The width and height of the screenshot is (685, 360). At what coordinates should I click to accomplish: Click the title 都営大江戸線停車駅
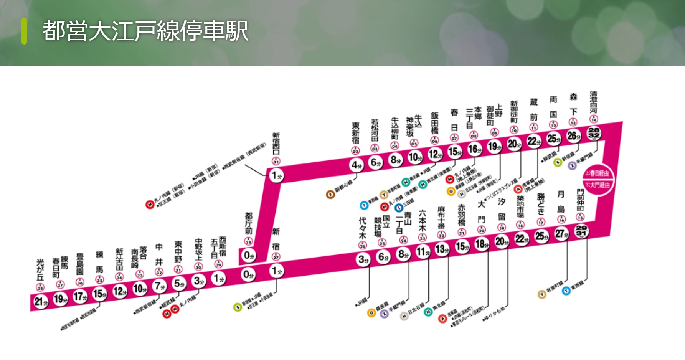(x=145, y=31)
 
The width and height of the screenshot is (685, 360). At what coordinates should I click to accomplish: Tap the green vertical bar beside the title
(x=24, y=31)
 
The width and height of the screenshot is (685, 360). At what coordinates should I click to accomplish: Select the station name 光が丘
(x=40, y=269)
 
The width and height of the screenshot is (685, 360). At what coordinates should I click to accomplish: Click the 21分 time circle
(x=41, y=302)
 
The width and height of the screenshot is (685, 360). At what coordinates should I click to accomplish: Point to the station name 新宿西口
(x=276, y=144)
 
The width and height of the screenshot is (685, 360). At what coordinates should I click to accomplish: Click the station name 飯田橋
(x=434, y=123)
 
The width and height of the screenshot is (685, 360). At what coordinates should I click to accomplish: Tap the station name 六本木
(x=422, y=220)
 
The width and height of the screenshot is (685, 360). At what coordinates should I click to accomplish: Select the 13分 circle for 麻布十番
(x=442, y=249)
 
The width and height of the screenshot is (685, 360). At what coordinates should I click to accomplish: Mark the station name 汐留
(x=502, y=209)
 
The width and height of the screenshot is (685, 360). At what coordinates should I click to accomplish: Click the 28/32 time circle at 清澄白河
(x=594, y=133)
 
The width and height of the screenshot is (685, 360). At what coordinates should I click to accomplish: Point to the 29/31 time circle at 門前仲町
(x=581, y=231)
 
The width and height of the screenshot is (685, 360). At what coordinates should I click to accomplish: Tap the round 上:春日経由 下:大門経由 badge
(x=599, y=179)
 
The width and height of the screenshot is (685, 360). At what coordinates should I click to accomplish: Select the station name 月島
(x=561, y=201)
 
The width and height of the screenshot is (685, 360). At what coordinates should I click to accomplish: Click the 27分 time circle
(x=561, y=234)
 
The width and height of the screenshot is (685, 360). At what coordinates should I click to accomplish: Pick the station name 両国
(x=553, y=107)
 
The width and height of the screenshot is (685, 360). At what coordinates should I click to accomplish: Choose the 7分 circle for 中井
(x=159, y=286)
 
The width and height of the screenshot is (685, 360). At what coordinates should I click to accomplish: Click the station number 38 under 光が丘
(x=40, y=287)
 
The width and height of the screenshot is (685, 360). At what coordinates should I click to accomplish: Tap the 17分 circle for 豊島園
(x=80, y=297)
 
